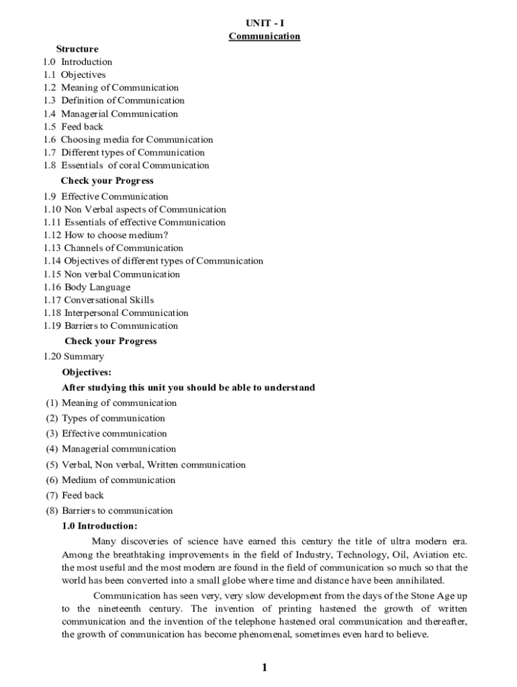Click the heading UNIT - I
click(x=265, y=23)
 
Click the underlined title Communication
click(x=265, y=36)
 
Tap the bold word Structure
click(x=77, y=49)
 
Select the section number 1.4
click(x=50, y=114)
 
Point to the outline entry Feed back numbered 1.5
click(x=82, y=127)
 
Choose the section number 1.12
click(x=52, y=235)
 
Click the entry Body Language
click(x=97, y=287)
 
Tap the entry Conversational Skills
click(x=109, y=300)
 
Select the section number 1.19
click(x=52, y=326)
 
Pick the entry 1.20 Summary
click(x=74, y=357)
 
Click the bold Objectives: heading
click(x=87, y=372)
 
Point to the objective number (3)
click(x=52, y=434)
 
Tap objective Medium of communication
click(x=118, y=480)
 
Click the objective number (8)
click(x=52, y=511)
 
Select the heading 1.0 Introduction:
click(x=99, y=526)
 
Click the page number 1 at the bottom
click(x=265, y=668)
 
